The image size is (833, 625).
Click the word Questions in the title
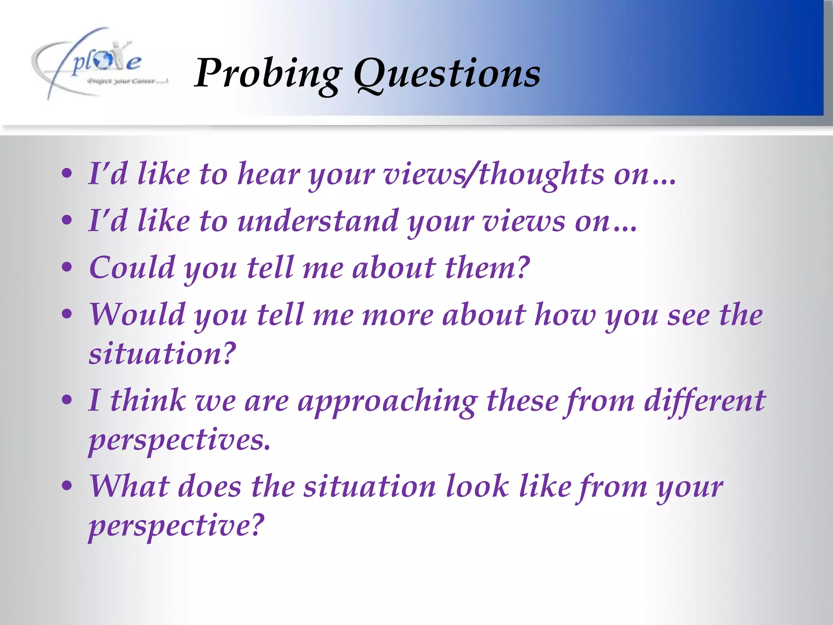[x=447, y=73]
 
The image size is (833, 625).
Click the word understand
[x=318, y=221]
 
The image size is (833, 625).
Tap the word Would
[x=137, y=315]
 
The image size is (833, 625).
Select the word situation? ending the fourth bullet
[x=162, y=353]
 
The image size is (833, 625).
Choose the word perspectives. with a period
[x=179, y=440]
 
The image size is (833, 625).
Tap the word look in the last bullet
[x=477, y=486]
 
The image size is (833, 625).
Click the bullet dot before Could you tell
[x=67, y=268]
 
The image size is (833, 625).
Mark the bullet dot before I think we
[x=67, y=400]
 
